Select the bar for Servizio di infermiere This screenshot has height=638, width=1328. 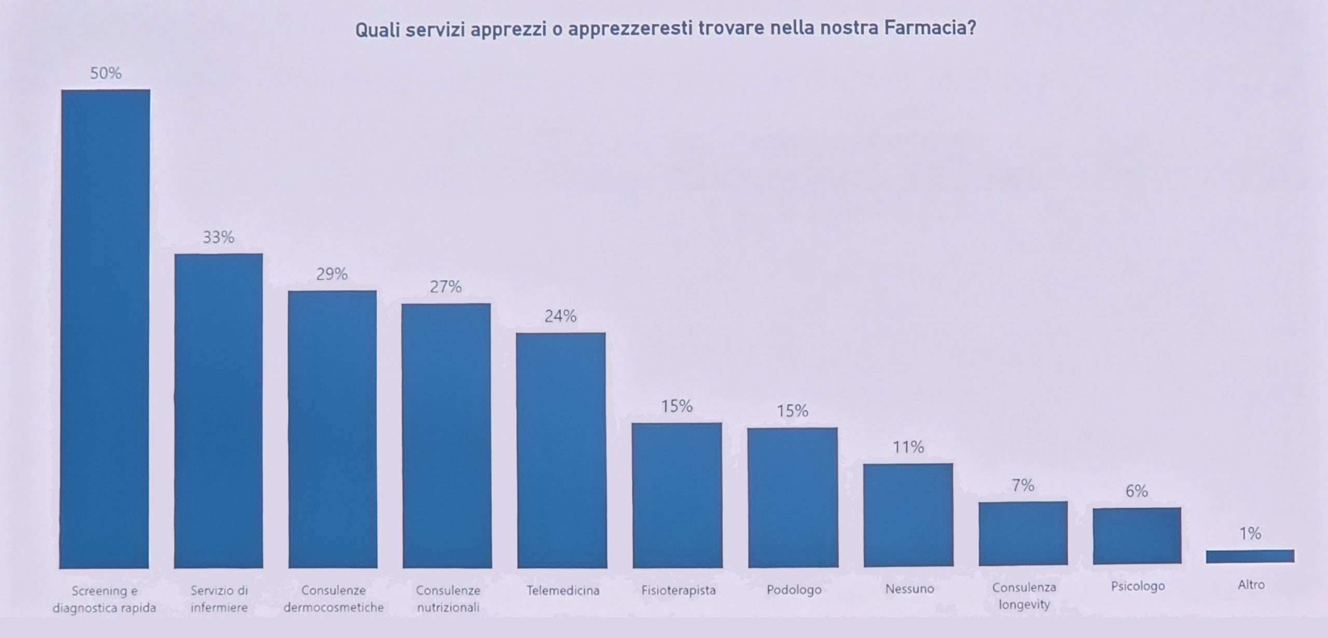[218, 411]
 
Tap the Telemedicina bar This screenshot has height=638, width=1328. [561, 450]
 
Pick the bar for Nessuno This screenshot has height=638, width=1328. [908, 514]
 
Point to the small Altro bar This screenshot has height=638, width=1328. [1250, 556]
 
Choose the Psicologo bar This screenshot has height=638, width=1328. [1137, 536]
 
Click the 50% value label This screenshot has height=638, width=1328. [106, 73]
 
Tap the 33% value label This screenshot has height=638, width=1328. [218, 237]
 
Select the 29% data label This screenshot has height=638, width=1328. [332, 274]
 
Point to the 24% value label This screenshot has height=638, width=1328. [560, 316]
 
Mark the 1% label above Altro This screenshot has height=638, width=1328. [1250, 533]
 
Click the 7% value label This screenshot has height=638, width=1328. [1023, 485]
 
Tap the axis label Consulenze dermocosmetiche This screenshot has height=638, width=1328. [334, 599]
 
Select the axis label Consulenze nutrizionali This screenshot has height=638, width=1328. [448, 599]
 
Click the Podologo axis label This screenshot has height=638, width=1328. [794, 590]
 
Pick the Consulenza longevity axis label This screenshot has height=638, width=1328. [1024, 596]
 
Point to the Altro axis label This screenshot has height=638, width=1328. [1251, 585]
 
